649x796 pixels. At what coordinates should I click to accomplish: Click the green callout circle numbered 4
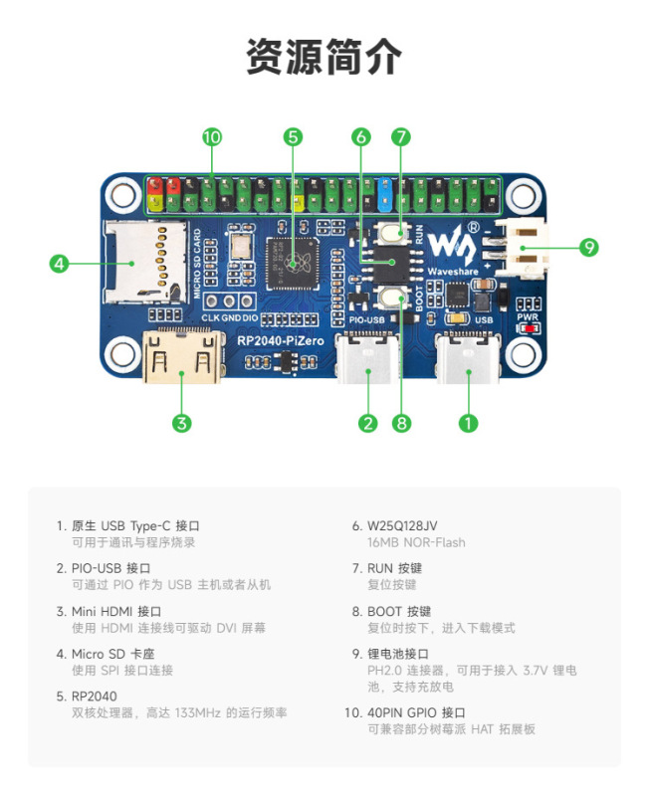click(59, 264)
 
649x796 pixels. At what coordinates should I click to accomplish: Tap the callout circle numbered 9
click(589, 247)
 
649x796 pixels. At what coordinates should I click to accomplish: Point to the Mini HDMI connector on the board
click(181, 358)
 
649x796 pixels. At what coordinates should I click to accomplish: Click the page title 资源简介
click(324, 58)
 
